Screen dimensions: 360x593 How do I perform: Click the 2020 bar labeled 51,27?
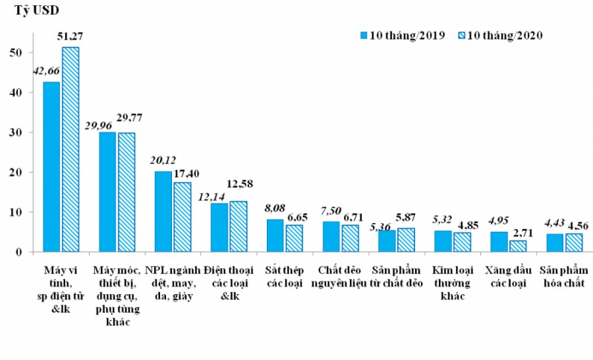click(70, 149)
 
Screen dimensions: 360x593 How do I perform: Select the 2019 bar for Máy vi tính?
click(52, 167)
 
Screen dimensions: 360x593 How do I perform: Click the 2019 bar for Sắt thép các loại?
click(275, 236)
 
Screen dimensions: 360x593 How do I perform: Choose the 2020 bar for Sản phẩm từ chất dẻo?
click(405, 240)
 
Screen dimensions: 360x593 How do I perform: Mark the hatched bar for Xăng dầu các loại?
click(517, 246)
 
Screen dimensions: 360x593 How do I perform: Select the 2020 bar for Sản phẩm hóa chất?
click(573, 242)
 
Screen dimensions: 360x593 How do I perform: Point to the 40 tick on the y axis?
click(26, 93)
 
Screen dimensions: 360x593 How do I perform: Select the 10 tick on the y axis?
click(26, 212)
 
